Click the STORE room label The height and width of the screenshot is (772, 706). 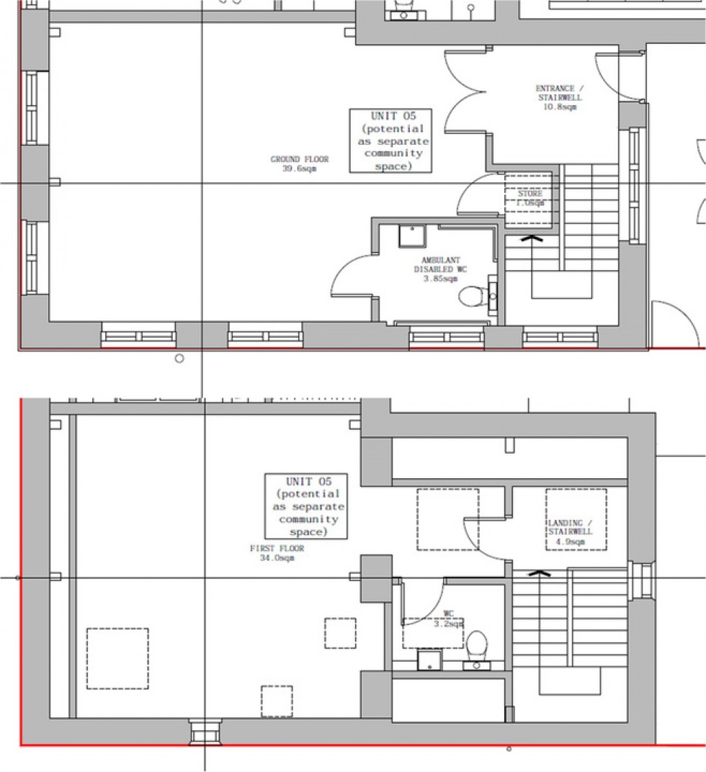click(529, 198)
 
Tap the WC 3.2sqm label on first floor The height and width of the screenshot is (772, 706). click(449, 619)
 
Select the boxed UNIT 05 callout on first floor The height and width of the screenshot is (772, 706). click(306, 506)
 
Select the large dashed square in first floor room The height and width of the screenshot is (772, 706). click(117, 658)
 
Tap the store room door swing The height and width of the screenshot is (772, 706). click(478, 194)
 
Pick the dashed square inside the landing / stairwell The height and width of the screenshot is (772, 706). click(576, 519)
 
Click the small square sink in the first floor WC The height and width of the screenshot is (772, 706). click(429, 660)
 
